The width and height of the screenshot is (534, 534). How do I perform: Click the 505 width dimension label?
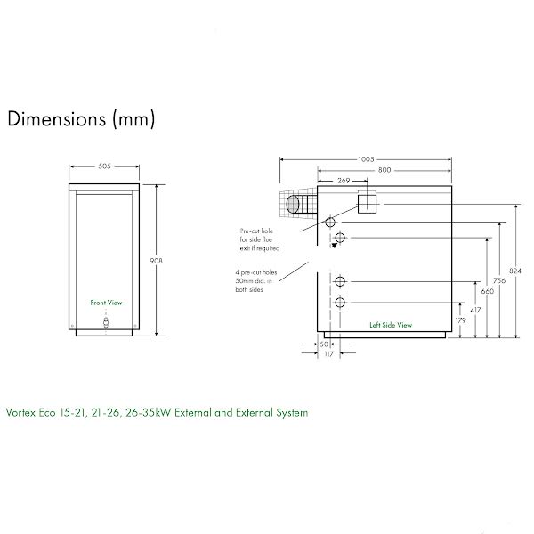click(104, 166)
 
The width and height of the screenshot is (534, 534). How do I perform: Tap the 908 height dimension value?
click(157, 261)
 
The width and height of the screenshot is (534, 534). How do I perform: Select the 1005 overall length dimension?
click(366, 159)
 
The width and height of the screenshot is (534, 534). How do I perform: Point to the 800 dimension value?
click(384, 170)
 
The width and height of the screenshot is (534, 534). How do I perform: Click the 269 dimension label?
click(344, 181)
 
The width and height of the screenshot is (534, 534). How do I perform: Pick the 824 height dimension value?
click(515, 271)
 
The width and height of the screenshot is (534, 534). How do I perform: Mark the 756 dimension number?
click(499, 280)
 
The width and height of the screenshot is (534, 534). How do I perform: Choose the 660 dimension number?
click(488, 291)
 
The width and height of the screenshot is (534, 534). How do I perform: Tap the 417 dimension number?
click(475, 310)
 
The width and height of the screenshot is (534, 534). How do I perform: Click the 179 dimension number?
click(460, 320)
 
